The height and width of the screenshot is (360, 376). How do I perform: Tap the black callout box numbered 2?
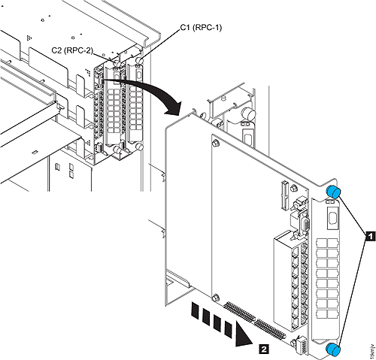[261, 348]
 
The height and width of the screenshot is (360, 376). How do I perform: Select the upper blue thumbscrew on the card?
[333, 194]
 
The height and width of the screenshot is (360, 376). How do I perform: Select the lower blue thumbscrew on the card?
[333, 346]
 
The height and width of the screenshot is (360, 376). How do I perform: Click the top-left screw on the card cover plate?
[216, 142]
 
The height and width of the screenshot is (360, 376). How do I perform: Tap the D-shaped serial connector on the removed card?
[298, 223]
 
